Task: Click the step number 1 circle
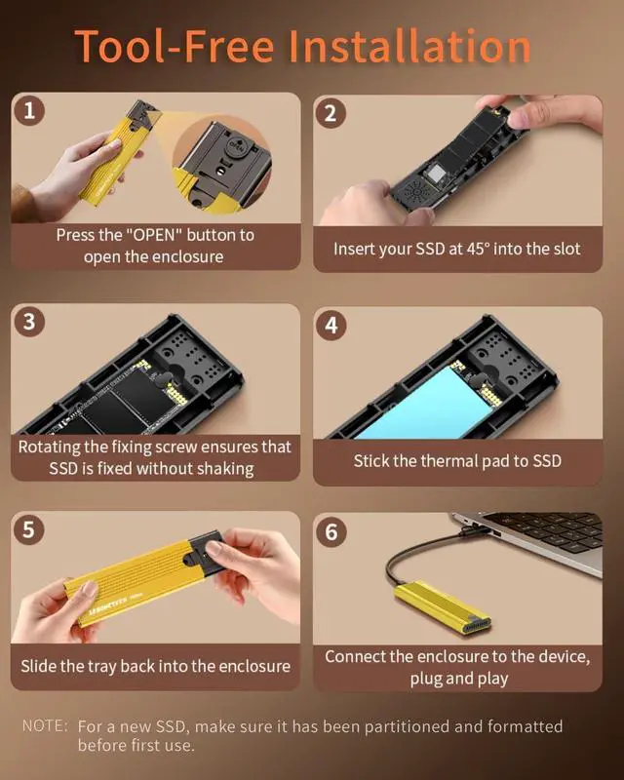click(x=29, y=110)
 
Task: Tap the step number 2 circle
click(x=331, y=113)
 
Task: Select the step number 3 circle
click(x=29, y=322)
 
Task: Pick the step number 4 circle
click(x=331, y=325)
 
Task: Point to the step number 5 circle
click(x=29, y=528)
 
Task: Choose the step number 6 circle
click(x=331, y=531)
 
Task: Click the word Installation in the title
click(x=409, y=46)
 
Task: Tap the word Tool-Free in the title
click(x=175, y=46)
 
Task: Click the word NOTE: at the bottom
click(x=45, y=725)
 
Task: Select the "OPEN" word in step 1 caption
click(x=154, y=235)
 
